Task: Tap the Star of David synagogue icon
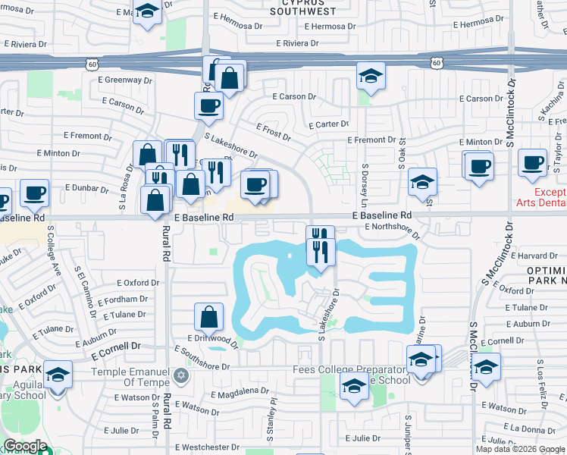180,375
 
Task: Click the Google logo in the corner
25,447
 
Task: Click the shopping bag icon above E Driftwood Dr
208,316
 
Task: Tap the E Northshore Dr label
392,227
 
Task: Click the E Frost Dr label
274,133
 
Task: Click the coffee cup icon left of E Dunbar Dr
34,193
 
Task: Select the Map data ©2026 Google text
519,449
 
